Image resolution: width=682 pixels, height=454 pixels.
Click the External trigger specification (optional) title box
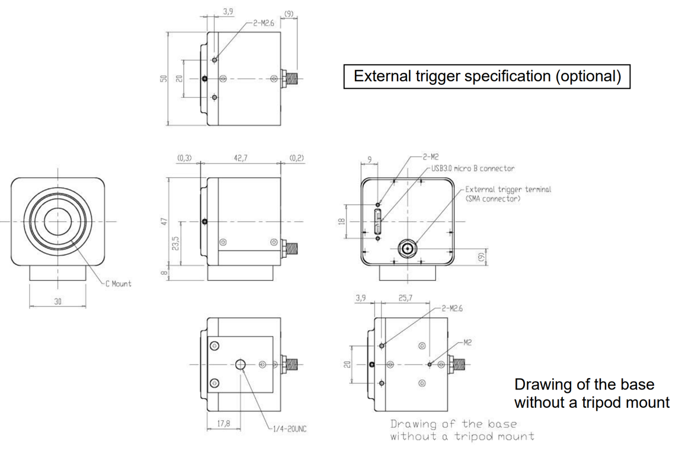[x=486, y=76]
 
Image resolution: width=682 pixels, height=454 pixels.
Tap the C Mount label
[x=119, y=284]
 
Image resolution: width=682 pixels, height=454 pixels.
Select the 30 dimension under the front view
[x=57, y=302]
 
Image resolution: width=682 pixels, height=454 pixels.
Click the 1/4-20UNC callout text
[x=290, y=429]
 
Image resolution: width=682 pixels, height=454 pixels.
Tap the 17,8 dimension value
[x=223, y=424]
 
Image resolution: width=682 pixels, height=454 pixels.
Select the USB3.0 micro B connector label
[x=472, y=168]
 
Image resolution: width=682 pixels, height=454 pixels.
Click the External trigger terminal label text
[x=508, y=189]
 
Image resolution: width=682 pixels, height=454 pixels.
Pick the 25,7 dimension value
[x=406, y=298]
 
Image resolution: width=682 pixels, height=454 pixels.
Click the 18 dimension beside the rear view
[x=340, y=222]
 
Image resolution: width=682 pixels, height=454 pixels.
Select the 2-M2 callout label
[x=431, y=158]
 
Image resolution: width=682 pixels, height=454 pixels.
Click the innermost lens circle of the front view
[x=57, y=220]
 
